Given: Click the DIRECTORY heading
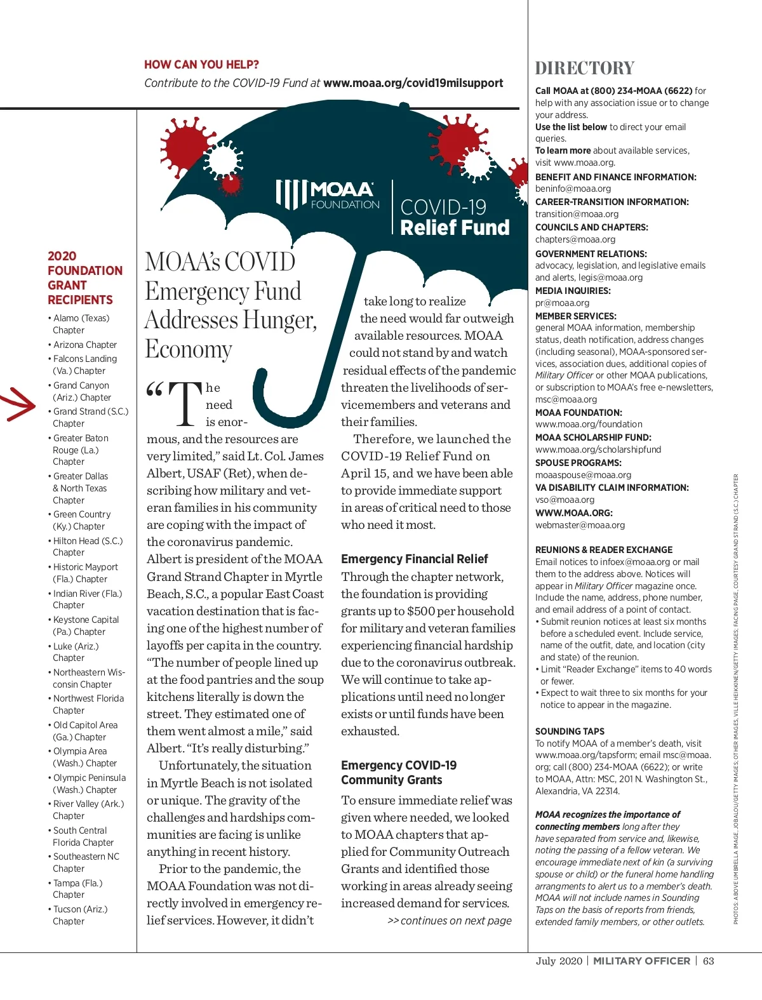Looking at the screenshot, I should tap(584, 69).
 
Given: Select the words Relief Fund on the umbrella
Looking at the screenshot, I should tap(455, 227).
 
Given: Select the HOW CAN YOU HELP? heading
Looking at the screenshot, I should tap(201, 65).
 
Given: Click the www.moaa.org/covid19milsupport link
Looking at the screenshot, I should tap(413, 83).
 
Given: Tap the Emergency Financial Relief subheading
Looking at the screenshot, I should tap(414, 559).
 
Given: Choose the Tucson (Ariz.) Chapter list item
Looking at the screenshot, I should tap(80, 915).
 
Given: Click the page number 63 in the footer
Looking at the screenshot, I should tap(708, 961).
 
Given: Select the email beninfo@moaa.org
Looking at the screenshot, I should tap(573, 189).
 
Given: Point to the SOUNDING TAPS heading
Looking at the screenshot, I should tap(570, 731).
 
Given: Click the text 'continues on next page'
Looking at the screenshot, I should tap(455, 921).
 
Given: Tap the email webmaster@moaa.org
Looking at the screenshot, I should tap(580, 525).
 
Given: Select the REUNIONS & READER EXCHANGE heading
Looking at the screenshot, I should tap(603, 550).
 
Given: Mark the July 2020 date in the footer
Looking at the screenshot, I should tap(558, 961).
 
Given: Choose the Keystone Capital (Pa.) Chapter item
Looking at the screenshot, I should tap(85, 625).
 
